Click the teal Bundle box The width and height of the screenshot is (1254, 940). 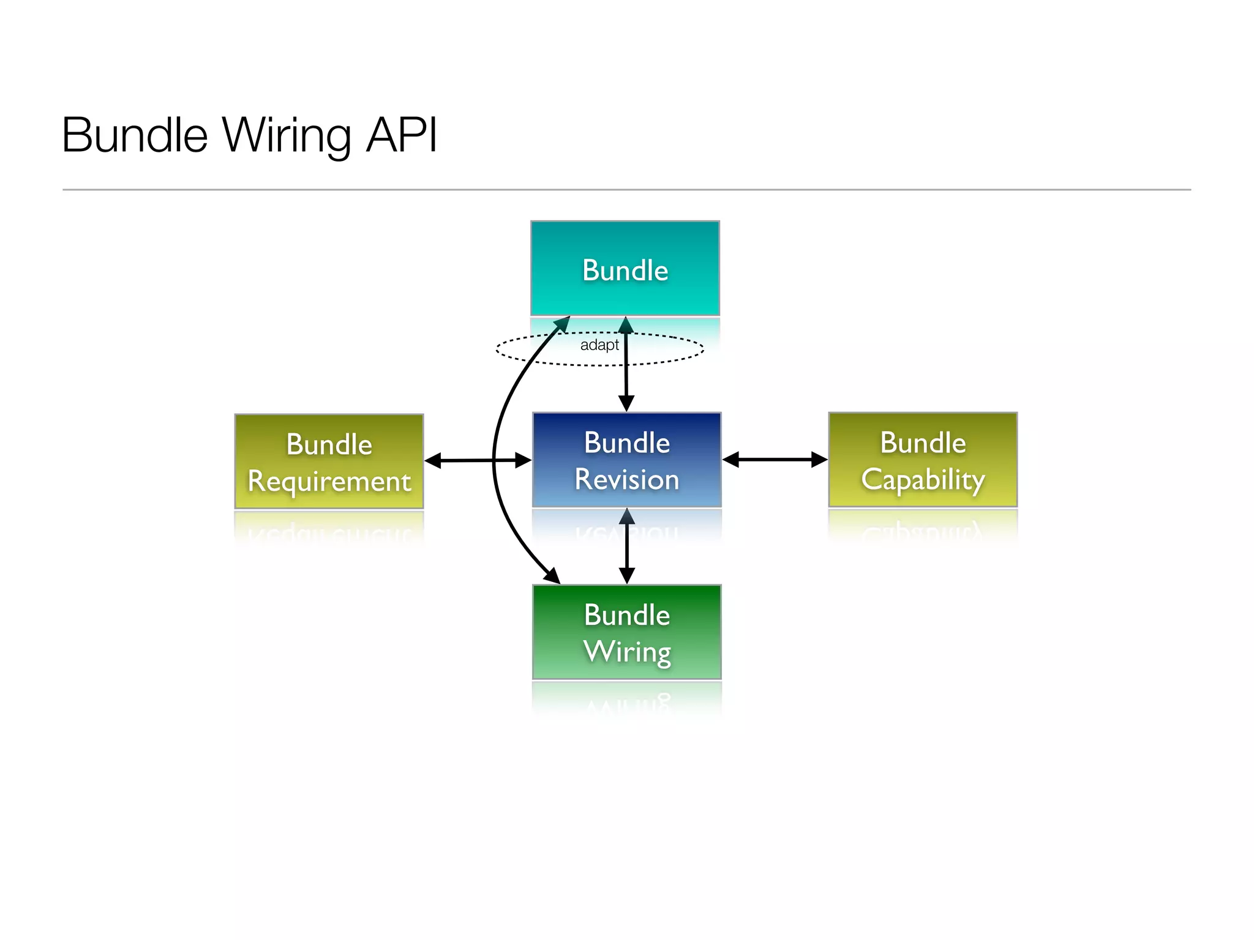tap(625, 269)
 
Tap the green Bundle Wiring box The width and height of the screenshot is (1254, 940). tap(626, 632)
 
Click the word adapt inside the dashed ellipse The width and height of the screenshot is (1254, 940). tap(599, 345)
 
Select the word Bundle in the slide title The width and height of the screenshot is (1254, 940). tap(135, 135)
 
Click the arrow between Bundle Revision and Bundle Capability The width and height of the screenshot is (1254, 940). tap(775, 460)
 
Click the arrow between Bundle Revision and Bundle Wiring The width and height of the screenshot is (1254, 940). tap(626, 546)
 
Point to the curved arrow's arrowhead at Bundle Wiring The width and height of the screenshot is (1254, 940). tap(553, 576)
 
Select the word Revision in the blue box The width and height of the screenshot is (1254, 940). tap(626, 479)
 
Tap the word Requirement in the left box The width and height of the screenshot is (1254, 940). tap(329, 482)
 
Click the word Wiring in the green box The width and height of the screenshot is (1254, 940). tap(627, 652)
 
